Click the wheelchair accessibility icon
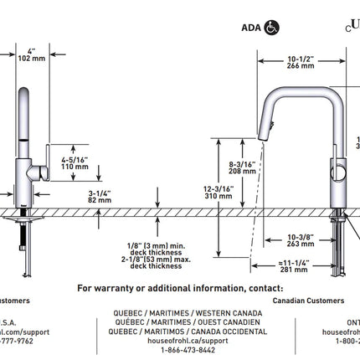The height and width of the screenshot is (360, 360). pyautogui.click(x=273, y=27)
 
